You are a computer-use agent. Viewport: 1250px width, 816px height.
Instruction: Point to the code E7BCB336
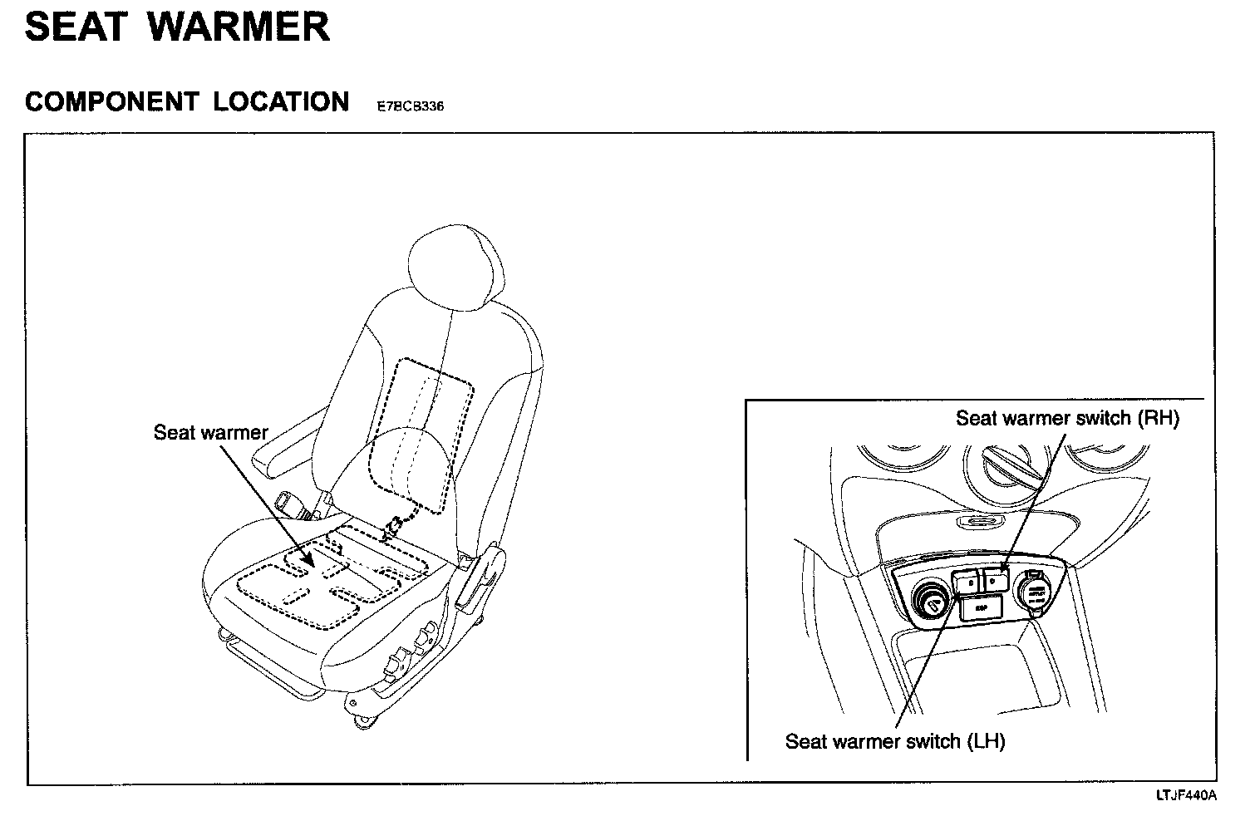pos(410,106)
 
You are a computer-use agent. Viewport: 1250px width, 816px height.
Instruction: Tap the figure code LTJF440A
pos(1186,795)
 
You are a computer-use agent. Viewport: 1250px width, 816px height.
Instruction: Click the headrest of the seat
pos(456,262)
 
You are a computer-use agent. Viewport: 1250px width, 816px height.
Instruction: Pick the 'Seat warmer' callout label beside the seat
pos(211,433)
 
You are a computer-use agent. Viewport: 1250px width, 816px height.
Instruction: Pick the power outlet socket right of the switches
pos(1035,594)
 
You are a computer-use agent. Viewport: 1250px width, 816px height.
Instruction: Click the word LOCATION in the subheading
pos(281,102)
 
